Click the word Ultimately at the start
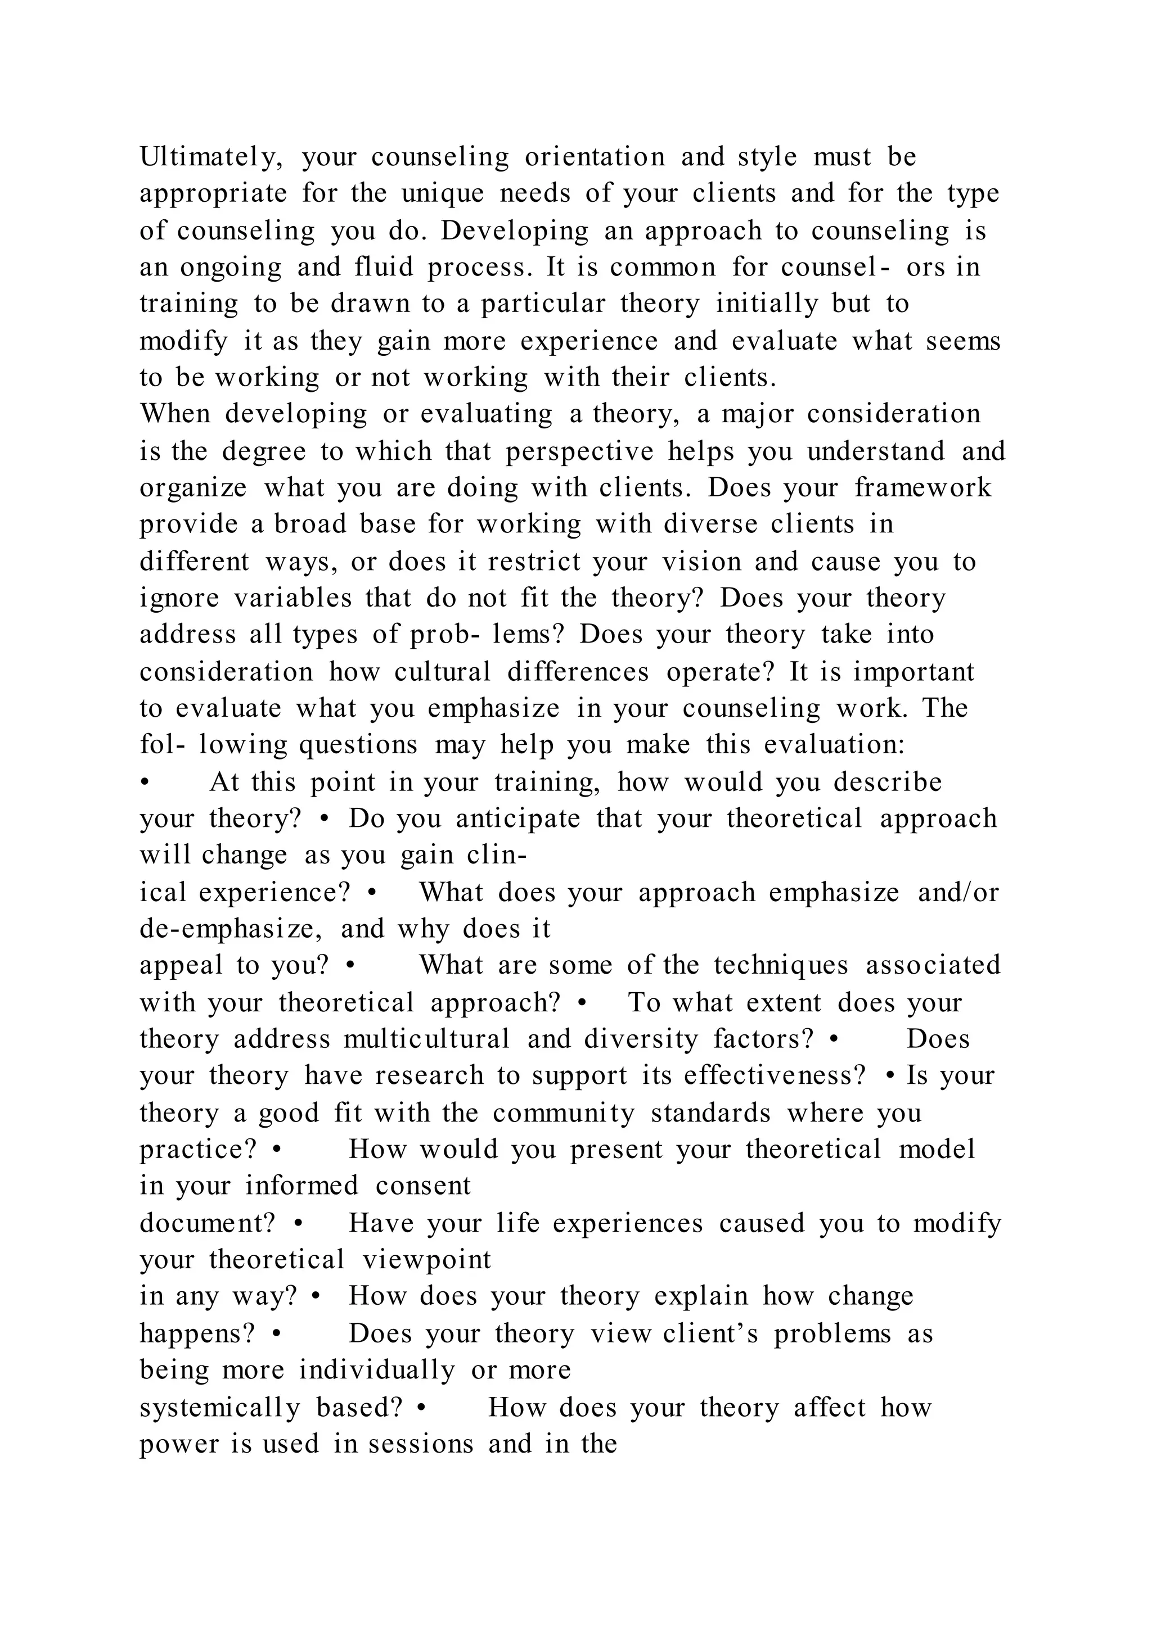(211, 157)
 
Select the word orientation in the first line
(595, 157)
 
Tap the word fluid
(383, 268)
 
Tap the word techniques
(781, 966)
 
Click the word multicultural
(427, 1039)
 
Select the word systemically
(220, 1408)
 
